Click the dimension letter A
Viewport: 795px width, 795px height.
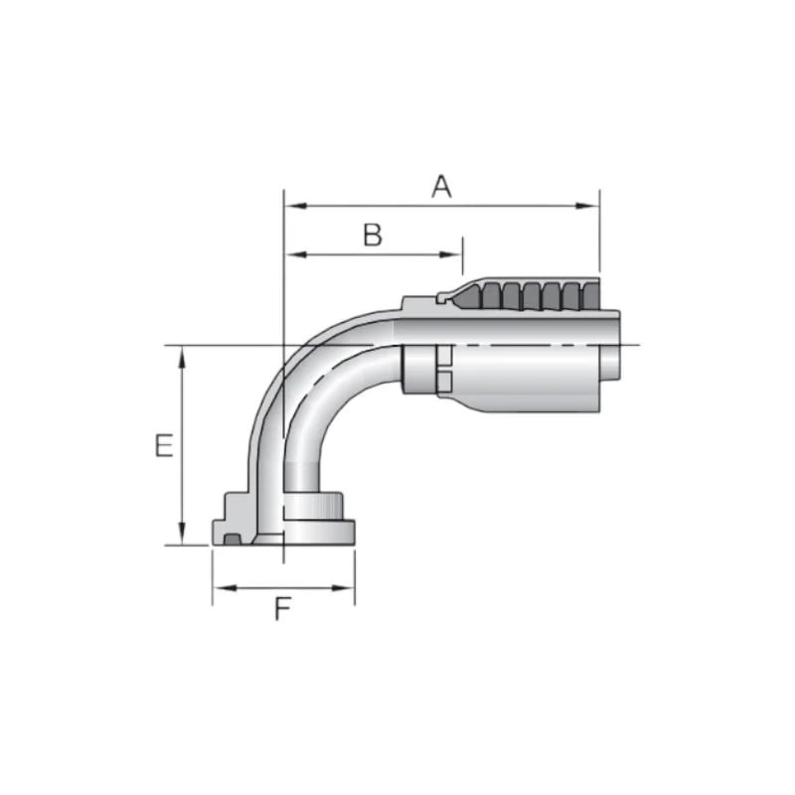[x=441, y=185]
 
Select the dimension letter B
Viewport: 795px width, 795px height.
[x=372, y=235]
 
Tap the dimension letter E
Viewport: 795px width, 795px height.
[x=164, y=445]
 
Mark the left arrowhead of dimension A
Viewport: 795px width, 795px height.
[x=291, y=206]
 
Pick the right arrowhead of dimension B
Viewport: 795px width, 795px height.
[x=455, y=254]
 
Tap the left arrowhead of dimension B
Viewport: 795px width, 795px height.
[x=292, y=254]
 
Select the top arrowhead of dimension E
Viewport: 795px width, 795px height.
[x=182, y=354]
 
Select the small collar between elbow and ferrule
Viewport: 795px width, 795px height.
[x=417, y=368]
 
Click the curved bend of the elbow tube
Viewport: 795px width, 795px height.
[x=298, y=378]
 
